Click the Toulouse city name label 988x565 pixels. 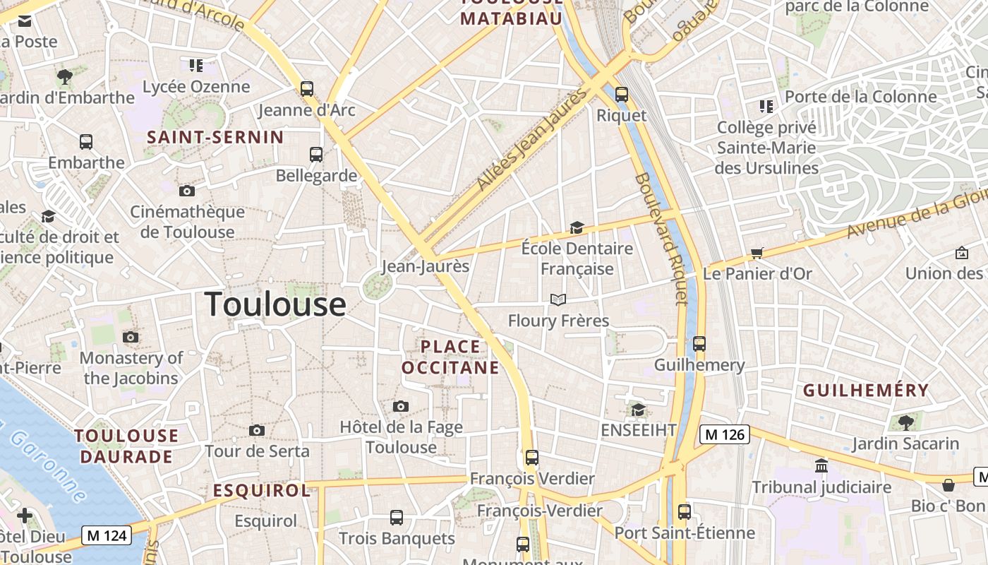(x=275, y=304)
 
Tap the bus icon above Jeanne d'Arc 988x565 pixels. (x=307, y=89)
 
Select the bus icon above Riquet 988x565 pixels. (x=622, y=94)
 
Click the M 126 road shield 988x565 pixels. (x=724, y=434)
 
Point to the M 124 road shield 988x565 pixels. (x=107, y=535)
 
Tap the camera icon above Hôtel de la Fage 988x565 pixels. (x=401, y=406)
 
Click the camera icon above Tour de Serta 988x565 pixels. (x=257, y=430)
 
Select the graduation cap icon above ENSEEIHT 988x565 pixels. (x=638, y=410)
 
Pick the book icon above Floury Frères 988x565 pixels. (x=558, y=300)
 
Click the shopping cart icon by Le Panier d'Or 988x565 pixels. (x=757, y=253)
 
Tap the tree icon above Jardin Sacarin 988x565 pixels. (x=905, y=423)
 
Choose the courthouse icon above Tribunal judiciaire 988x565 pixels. (x=821, y=466)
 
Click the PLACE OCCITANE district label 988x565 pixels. (x=450, y=357)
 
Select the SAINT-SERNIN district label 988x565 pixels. (x=215, y=137)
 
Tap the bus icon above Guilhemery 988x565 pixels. (x=699, y=344)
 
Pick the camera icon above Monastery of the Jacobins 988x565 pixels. (x=131, y=337)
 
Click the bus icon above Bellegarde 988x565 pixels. (x=316, y=155)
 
